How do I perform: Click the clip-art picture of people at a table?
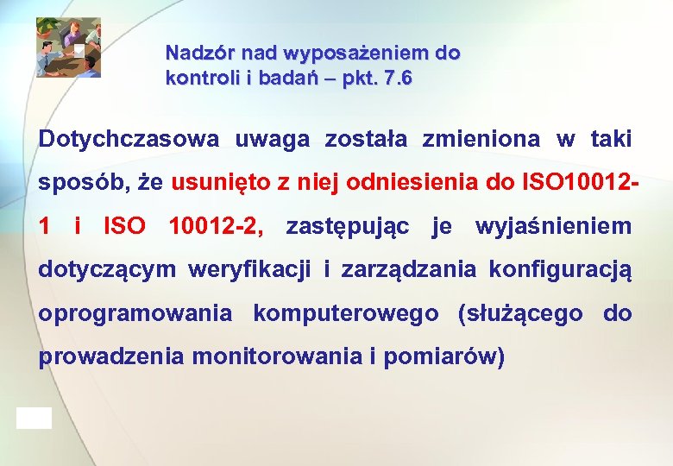point(68,47)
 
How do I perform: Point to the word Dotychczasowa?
point(129,139)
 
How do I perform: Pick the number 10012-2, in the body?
point(218,227)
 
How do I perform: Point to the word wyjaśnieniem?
point(552,227)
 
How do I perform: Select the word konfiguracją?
point(560,271)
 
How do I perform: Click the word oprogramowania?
point(135,314)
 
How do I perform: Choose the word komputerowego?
point(345,314)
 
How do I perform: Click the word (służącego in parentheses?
point(520,314)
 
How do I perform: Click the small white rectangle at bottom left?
point(34,419)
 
